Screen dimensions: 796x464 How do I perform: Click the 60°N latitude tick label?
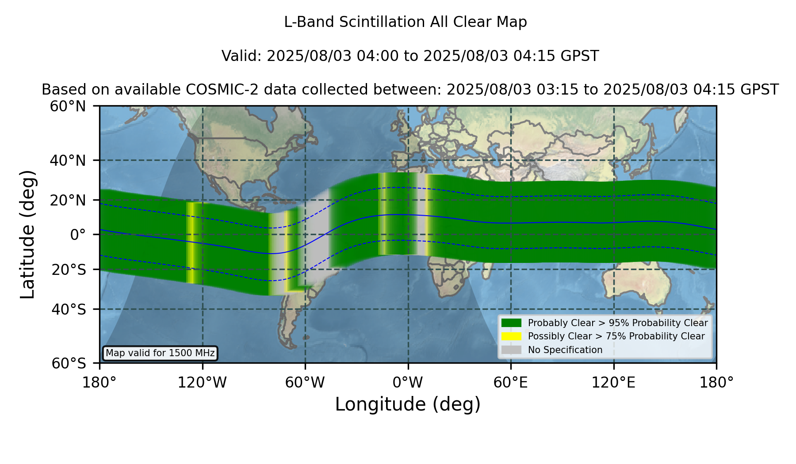(68, 106)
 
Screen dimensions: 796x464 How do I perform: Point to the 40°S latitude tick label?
(69, 309)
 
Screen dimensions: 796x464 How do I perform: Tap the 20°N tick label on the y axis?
(68, 200)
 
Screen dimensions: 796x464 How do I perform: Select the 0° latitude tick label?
(78, 234)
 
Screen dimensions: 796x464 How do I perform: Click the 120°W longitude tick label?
(202, 383)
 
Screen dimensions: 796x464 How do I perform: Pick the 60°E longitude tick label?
(511, 383)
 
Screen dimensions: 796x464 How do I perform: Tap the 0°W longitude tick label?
(408, 383)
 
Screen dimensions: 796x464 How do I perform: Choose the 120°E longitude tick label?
(613, 383)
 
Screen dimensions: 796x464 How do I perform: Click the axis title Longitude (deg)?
(408, 404)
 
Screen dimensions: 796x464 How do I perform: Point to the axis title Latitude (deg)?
(27, 234)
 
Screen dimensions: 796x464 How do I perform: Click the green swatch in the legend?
(511, 323)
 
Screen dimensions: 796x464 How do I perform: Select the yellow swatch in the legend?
(511, 336)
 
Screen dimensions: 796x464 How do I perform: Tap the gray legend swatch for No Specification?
(511, 350)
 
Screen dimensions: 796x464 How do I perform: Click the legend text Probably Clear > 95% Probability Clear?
(618, 323)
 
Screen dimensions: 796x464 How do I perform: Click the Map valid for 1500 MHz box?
(160, 353)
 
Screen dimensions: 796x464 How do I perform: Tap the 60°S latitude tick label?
(69, 363)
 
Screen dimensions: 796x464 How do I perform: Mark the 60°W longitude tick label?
(305, 383)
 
